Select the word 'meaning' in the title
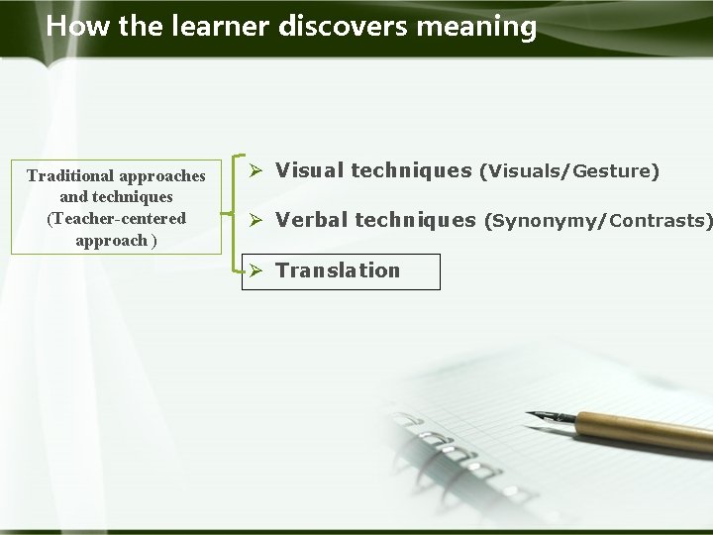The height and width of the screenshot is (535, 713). click(x=476, y=26)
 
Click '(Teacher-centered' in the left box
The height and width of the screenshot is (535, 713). click(x=116, y=218)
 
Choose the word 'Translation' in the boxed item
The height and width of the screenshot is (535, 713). click(x=338, y=270)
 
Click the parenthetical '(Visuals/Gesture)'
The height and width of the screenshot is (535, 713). click(x=568, y=171)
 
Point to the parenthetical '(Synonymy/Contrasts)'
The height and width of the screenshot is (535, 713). click(x=597, y=221)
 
